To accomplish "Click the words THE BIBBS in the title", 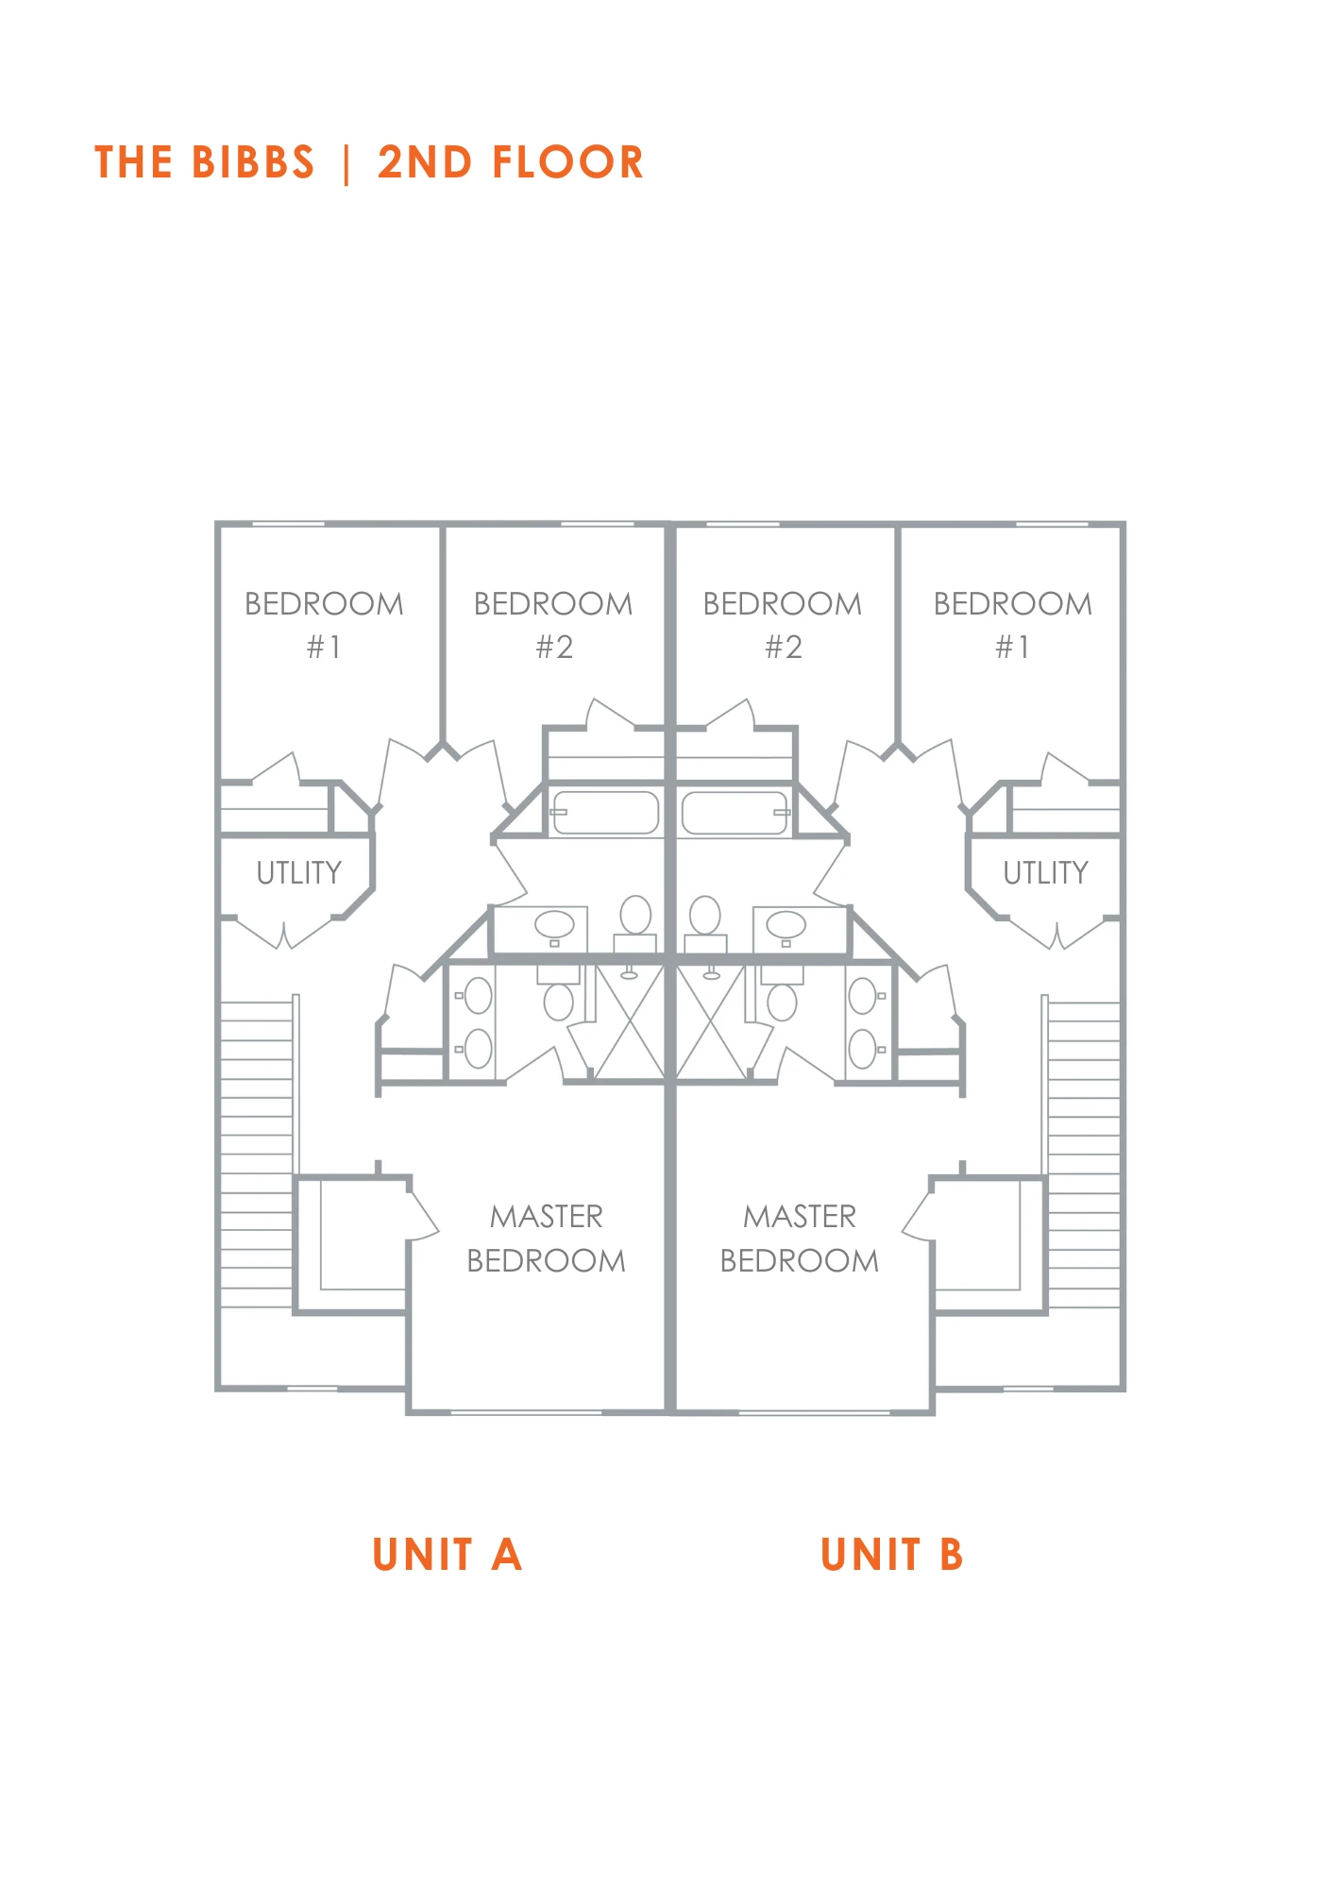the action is click(x=204, y=162).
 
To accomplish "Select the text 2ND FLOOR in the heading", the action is click(x=511, y=162).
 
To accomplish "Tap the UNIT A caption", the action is click(x=447, y=1555).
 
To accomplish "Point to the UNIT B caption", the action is click(x=892, y=1555).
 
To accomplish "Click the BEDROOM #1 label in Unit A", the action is click(x=324, y=625).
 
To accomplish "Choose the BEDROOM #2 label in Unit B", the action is click(x=783, y=625).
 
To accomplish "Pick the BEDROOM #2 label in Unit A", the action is click(x=553, y=625).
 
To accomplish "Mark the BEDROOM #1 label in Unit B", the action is click(x=1013, y=625).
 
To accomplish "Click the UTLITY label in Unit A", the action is click(x=299, y=873).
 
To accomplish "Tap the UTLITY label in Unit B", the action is click(x=1046, y=873).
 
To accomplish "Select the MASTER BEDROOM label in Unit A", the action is click(x=547, y=1239).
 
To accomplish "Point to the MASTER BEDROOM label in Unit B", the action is click(x=800, y=1239).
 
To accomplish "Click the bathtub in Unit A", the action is click(x=605, y=813).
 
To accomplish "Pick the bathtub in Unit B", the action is click(x=735, y=813).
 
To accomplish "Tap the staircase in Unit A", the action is click(x=257, y=1155).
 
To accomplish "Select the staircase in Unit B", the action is click(x=1084, y=1155).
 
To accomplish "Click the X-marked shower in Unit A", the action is click(x=630, y=1022).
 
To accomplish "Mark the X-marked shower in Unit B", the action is click(x=711, y=1022).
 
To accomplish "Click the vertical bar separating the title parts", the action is click(x=346, y=163).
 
